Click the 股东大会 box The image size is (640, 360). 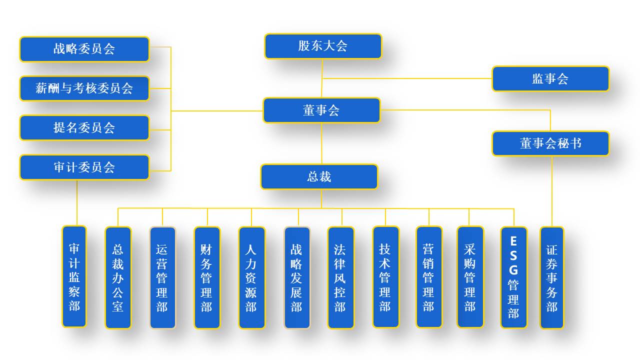click(x=323, y=46)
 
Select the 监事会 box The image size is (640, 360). click(x=550, y=79)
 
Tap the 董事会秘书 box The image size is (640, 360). click(x=550, y=143)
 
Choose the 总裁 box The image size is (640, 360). click(x=319, y=177)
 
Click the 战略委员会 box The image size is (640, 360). click(x=84, y=49)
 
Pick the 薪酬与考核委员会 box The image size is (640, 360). click(x=84, y=88)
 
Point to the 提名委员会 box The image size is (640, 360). click(x=84, y=128)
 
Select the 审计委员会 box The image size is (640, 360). click(x=84, y=167)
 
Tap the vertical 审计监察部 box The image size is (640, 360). click(x=74, y=276)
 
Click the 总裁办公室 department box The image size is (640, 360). click(x=118, y=277)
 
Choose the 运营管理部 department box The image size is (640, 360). click(x=162, y=277)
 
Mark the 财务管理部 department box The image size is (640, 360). click(x=207, y=277)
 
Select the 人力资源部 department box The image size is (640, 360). click(x=251, y=277)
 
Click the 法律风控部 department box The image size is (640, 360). click(x=340, y=277)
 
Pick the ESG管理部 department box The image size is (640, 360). click(x=513, y=277)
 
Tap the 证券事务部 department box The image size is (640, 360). click(x=551, y=277)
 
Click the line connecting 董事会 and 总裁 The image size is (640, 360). click(x=321, y=143)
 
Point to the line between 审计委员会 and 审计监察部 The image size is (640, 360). click(x=77, y=202)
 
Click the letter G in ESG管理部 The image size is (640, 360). click(x=513, y=269)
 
